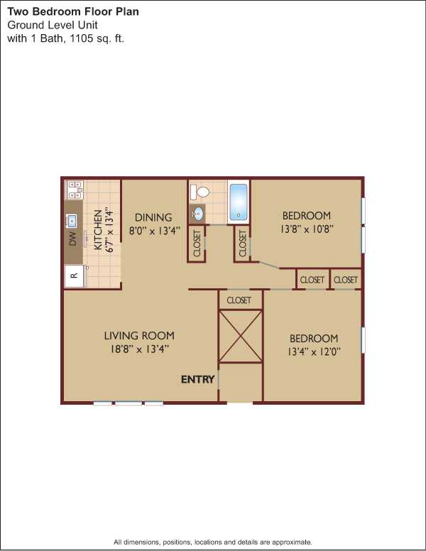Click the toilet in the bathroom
coord(200,192)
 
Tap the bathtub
coord(239,202)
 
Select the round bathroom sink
coord(198,213)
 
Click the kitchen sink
coord(72,221)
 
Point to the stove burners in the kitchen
coord(75,190)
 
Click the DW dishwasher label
coord(72,239)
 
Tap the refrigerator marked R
coord(74,275)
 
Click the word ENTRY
coord(197,379)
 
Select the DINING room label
coord(153,217)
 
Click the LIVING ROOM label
coord(139,336)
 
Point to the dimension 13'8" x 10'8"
coord(307,229)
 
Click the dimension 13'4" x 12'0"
coord(314,351)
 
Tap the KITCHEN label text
coord(98,230)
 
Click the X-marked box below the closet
coord(241,336)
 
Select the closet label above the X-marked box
coord(239,300)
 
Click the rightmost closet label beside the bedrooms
coord(346,280)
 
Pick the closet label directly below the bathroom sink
coord(197,243)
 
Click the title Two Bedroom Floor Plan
coord(73,11)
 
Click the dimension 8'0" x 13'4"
coord(155,231)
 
